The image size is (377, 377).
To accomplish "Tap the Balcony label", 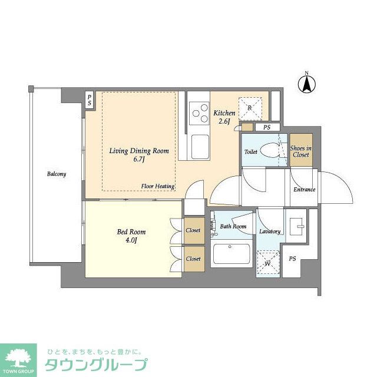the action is pyautogui.click(x=57, y=174).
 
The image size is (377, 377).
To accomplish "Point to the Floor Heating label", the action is pyautogui.click(x=158, y=186).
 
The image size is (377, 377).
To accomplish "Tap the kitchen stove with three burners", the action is pyautogui.click(x=199, y=113).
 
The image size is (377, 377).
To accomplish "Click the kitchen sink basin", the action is pyautogui.click(x=200, y=147).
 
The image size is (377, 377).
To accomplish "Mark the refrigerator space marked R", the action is pyautogui.click(x=250, y=108).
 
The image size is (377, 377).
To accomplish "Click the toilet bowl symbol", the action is pyautogui.click(x=270, y=151).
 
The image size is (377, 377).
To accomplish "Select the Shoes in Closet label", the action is pyautogui.click(x=301, y=151).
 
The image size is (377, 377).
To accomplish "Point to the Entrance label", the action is pyautogui.click(x=305, y=190).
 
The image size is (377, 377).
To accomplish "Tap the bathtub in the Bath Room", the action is pyautogui.click(x=232, y=254).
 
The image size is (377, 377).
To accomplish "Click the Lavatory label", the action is pyautogui.click(x=270, y=232).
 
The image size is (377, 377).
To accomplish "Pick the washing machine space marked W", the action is pyautogui.click(x=268, y=262).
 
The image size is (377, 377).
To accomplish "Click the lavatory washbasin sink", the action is pyautogui.click(x=297, y=226).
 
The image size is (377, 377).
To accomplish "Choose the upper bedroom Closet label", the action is pyautogui.click(x=193, y=230).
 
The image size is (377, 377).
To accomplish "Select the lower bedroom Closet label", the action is pyautogui.click(x=193, y=259).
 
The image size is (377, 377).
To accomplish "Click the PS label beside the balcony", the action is pyautogui.click(x=90, y=100).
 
